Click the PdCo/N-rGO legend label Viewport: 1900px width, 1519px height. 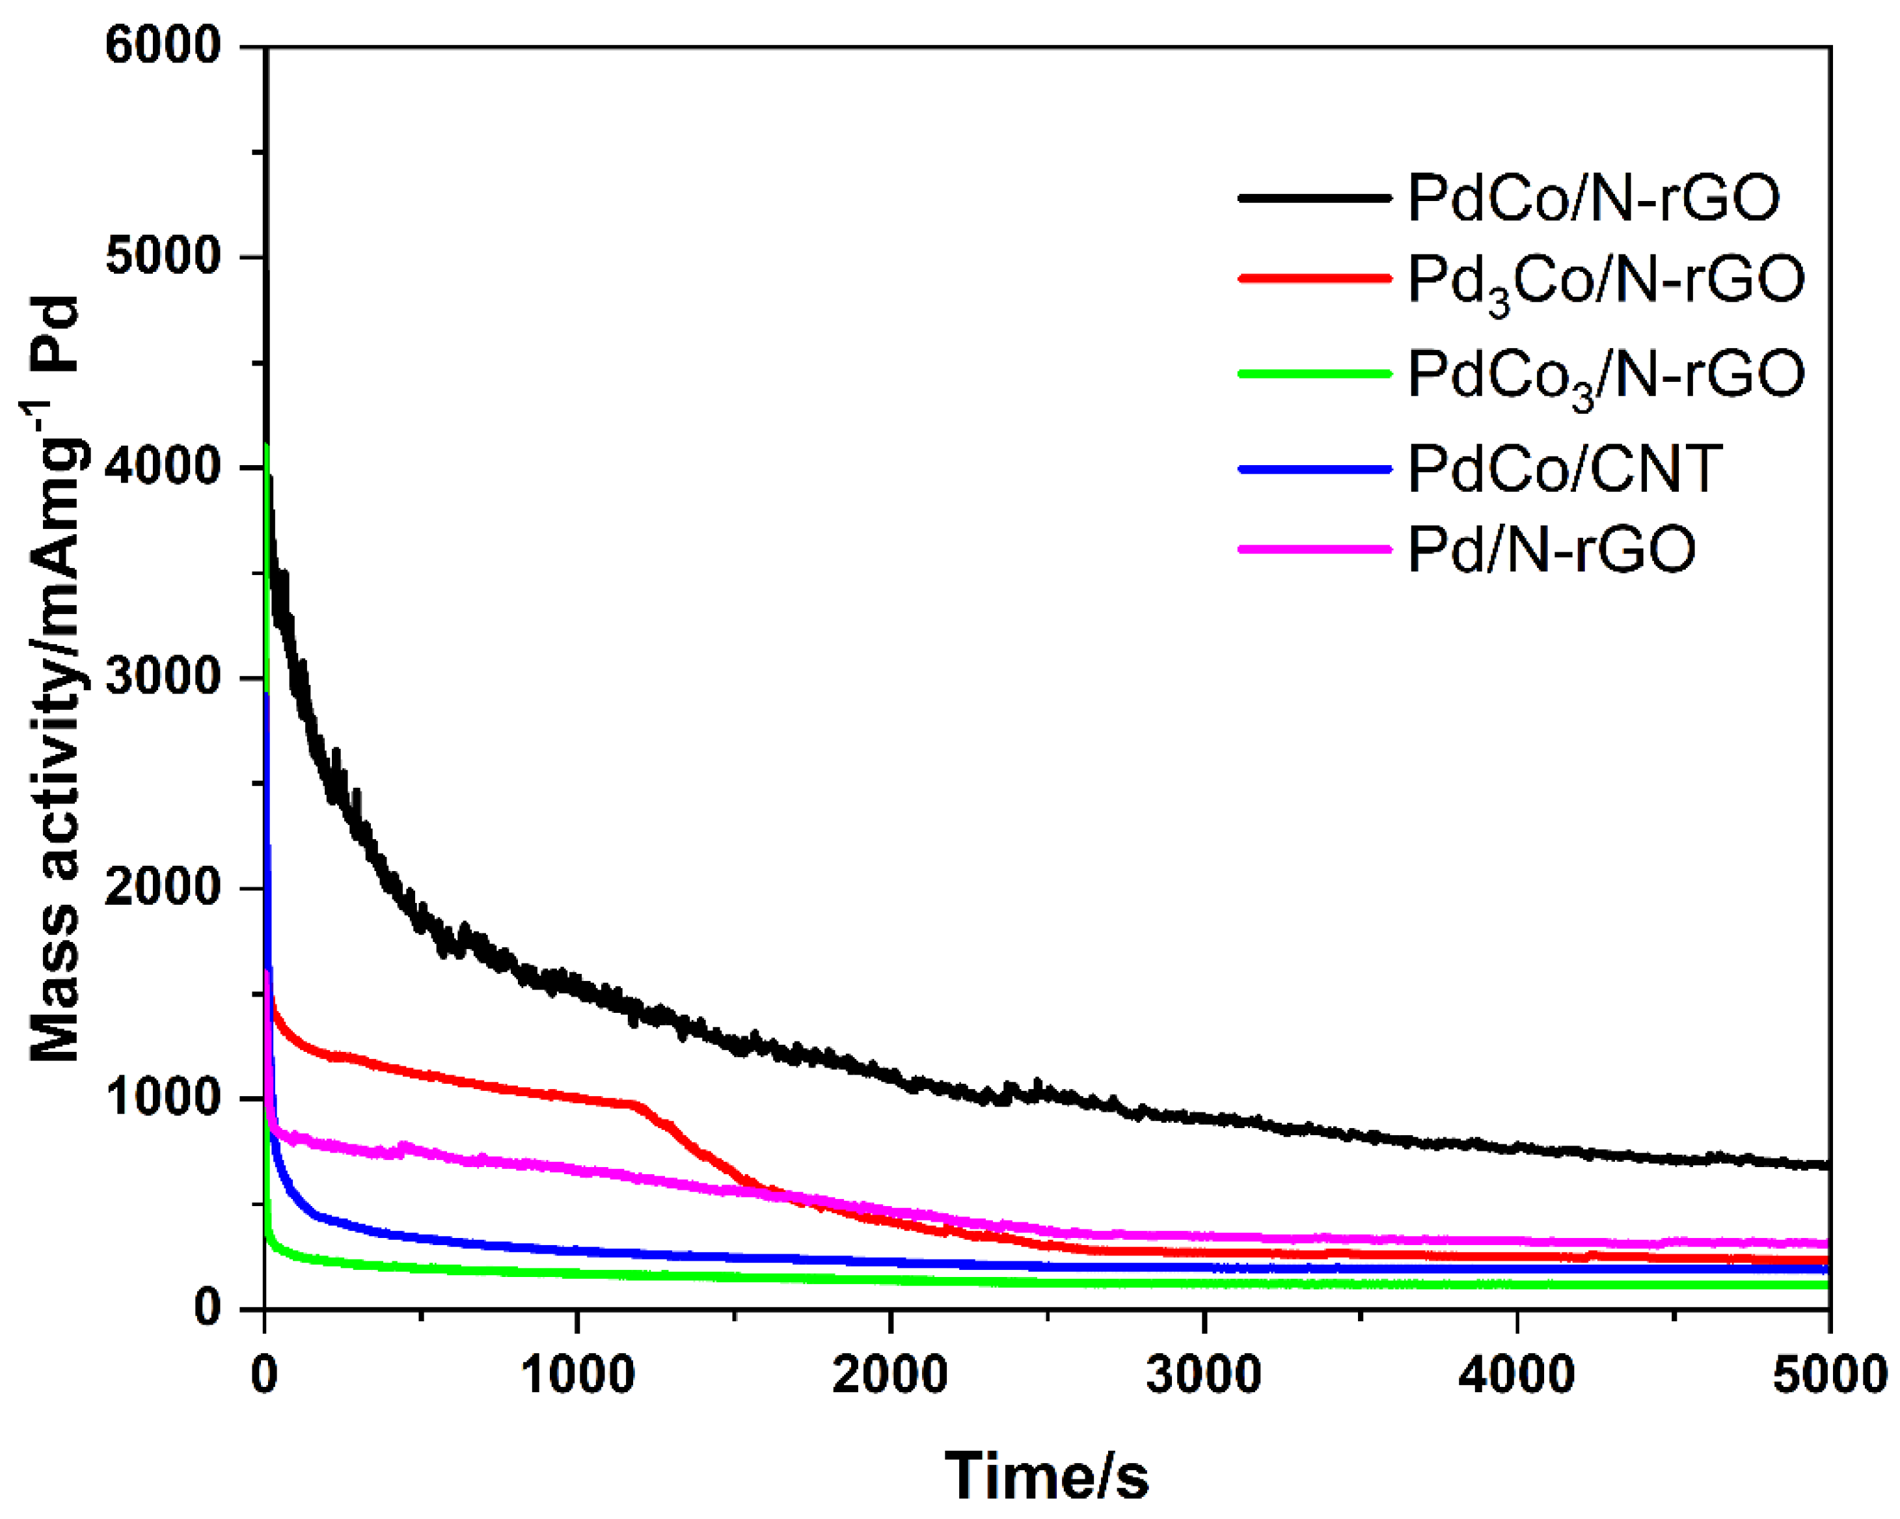pos(1594,197)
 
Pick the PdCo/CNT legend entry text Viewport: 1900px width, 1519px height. pos(1564,469)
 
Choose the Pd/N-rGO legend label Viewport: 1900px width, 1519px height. pos(1551,550)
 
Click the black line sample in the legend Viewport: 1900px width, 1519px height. pos(1314,197)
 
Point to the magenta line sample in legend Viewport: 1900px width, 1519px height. pos(1314,549)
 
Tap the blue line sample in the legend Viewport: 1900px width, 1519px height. pos(1314,469)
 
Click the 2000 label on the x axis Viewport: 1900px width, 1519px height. pos(890,1375)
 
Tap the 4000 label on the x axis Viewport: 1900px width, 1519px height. pos(1515,1375)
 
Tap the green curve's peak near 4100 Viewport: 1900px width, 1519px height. pos(267,448)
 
